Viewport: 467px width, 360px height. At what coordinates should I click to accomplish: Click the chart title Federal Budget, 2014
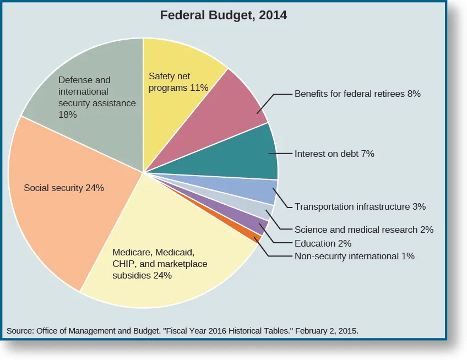(223, 15)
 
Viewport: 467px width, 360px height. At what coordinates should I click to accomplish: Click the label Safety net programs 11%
(178, 82)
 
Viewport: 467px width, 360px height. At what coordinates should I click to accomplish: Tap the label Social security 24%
(64, 188)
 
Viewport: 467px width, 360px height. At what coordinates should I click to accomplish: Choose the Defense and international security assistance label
(97, 97)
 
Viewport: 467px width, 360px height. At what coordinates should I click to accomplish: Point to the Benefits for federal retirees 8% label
(357, 94)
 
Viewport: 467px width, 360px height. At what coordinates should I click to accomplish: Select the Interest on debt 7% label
(334, 154)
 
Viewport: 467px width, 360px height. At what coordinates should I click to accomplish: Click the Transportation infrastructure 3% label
(360, 206)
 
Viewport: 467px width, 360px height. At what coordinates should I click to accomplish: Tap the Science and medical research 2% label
(364, 230)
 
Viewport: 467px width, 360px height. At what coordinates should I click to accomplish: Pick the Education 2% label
(323, 243)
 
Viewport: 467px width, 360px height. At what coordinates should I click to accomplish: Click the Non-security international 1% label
(354, 256)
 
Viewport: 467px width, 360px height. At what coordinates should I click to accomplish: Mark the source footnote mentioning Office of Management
(182, 331)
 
